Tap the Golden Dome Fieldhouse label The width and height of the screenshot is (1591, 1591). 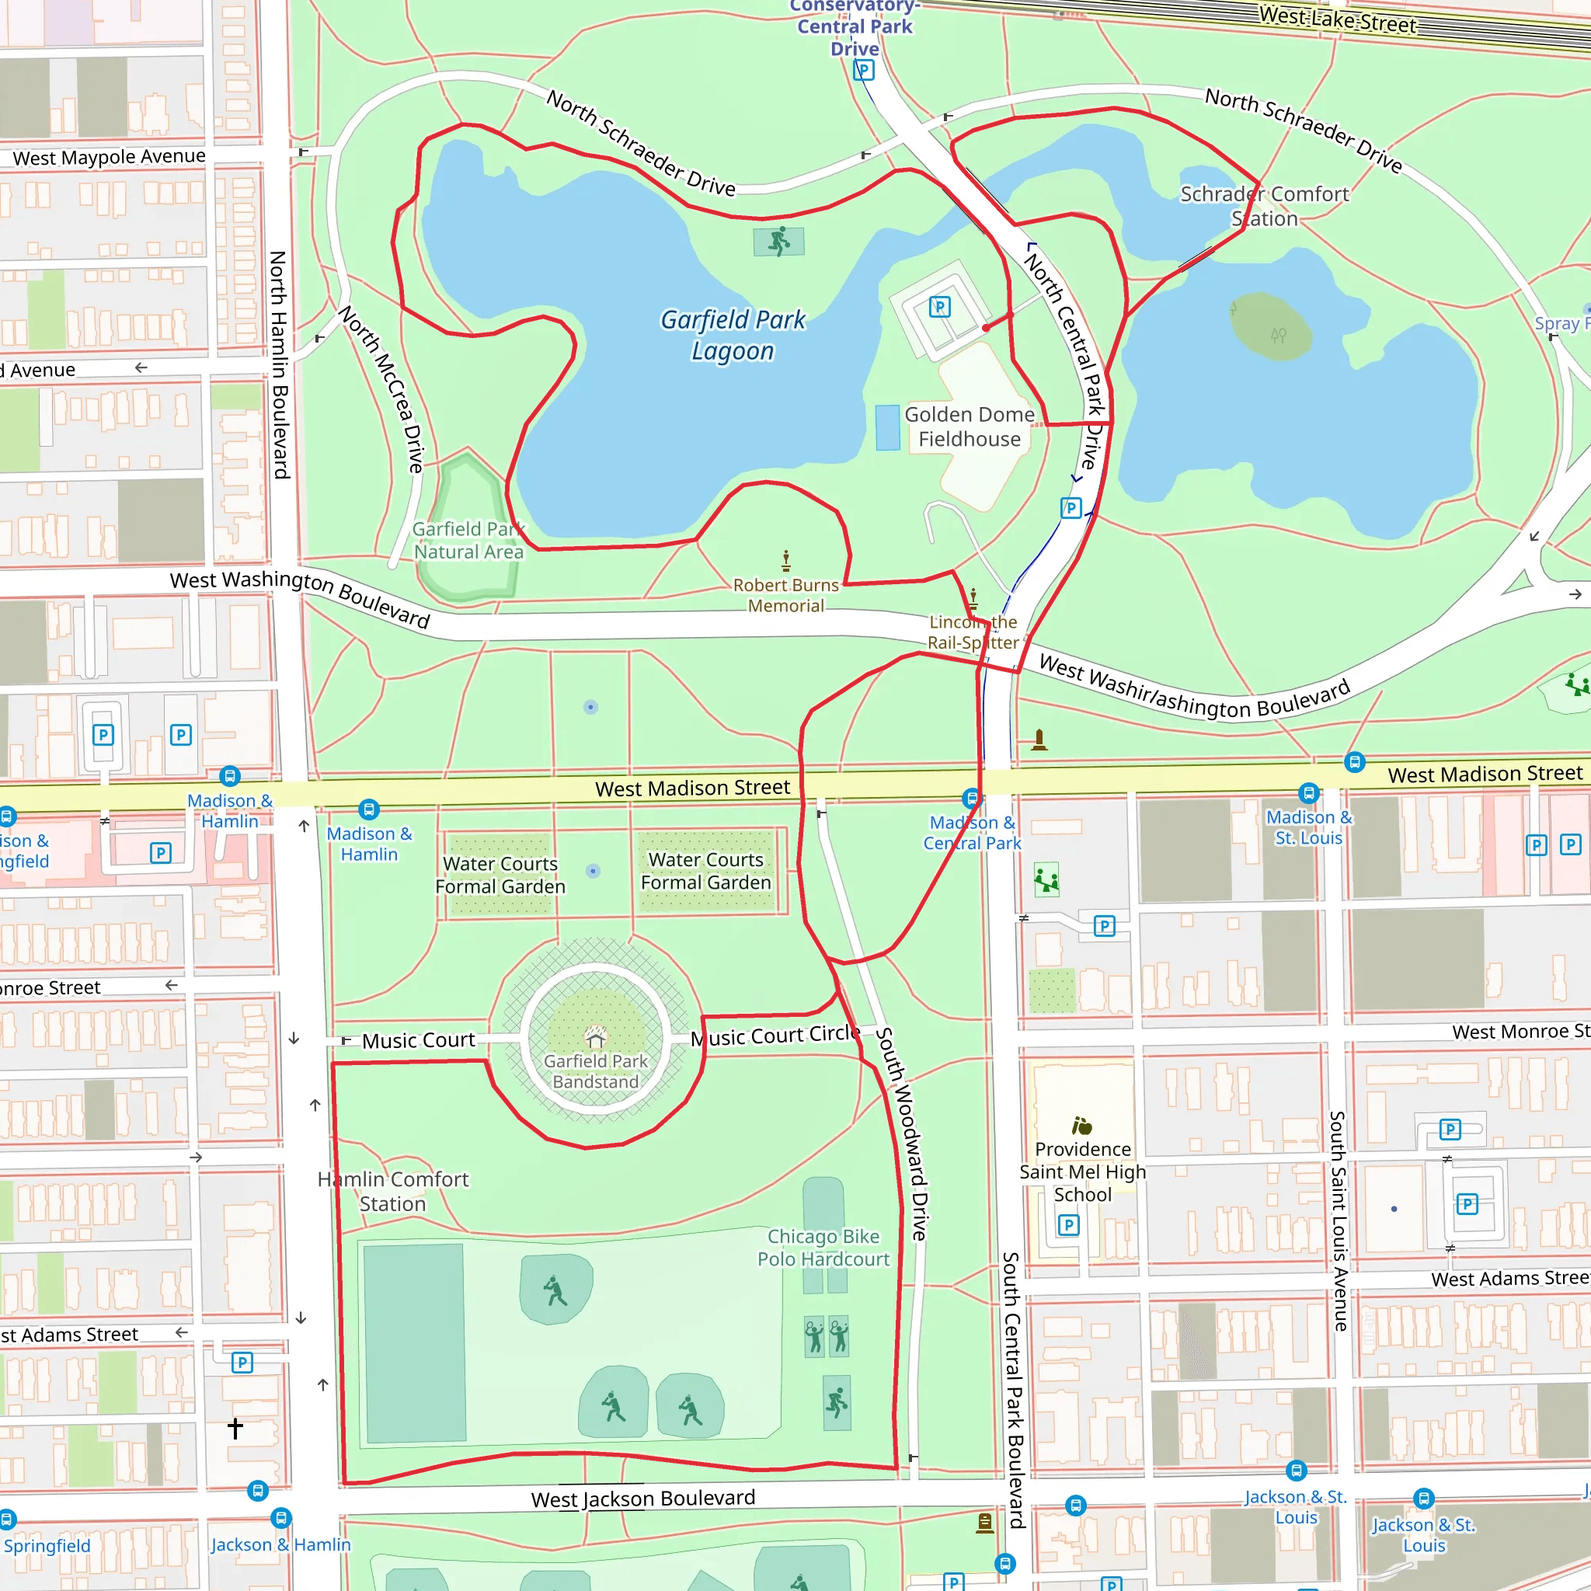coord(970,426)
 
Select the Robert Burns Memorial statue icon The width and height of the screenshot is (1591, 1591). coord(786,561)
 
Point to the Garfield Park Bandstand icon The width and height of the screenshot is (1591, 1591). coord(595,1036)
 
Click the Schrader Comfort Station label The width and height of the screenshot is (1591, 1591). coord(1264,206)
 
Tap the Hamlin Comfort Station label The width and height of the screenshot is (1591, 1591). coord(393,1191)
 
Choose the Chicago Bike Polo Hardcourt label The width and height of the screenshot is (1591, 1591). coord(823,1248)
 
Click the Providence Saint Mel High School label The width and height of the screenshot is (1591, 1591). coord(1082,1171)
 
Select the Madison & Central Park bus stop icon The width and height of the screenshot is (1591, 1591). coord(973,797)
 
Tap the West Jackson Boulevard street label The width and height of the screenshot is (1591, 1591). coord(642,1498)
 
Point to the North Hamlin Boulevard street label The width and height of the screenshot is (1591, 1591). coord(279,365)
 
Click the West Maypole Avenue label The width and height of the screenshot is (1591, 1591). coord(109,157)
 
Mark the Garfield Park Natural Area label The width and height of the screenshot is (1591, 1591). coord(468,540)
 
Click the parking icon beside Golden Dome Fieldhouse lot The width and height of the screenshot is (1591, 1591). coord(940,307)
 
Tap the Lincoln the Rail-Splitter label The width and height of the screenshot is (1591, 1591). coord(973,632)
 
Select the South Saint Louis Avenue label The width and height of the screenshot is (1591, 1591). coord(1339,1220)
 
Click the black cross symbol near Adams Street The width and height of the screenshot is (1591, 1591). coord(235,1428)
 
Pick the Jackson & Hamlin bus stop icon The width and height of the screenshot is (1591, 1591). coord(280,1518)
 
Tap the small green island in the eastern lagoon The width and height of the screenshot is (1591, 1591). coord(1270,327)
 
